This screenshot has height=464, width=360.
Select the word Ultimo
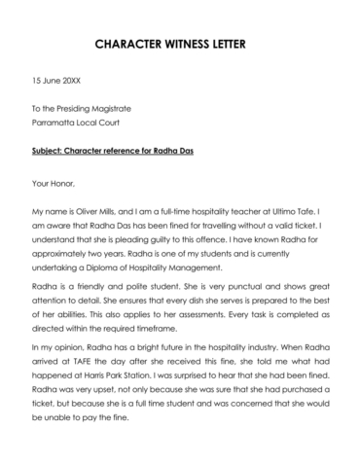(x=290, y=209)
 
